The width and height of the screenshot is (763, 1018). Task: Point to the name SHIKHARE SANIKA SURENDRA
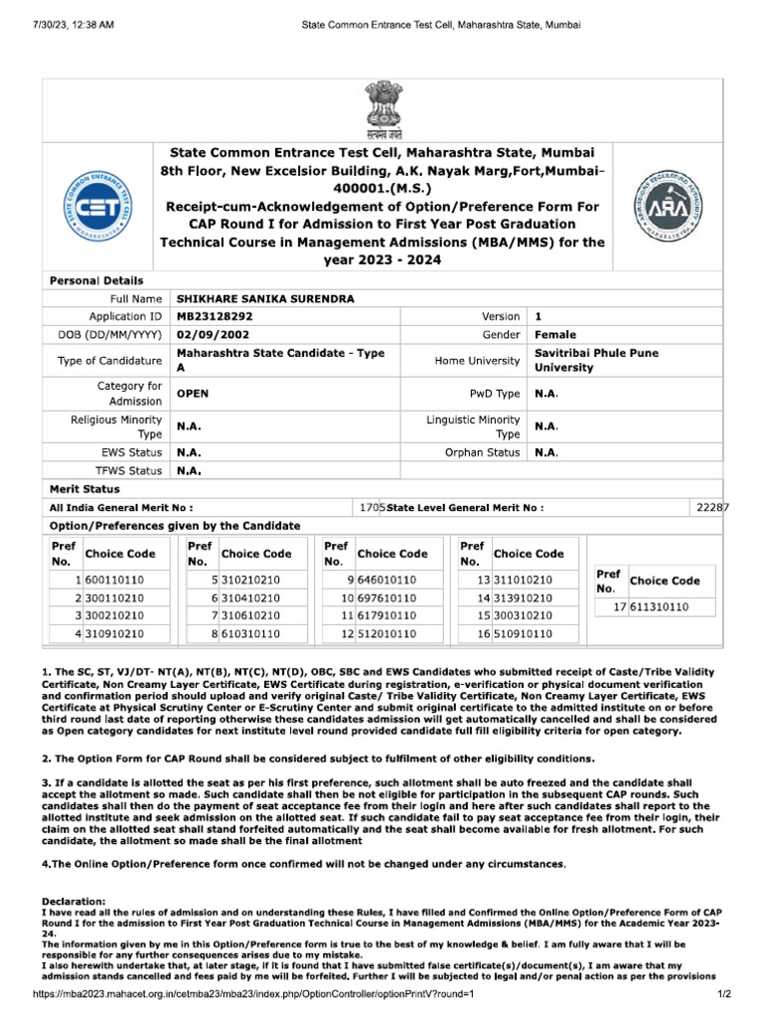coord(250,298)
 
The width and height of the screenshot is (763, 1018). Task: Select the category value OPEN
coord(193,394)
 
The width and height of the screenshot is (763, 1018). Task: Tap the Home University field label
coord(478,361)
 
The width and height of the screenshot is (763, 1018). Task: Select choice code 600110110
coord(114,580)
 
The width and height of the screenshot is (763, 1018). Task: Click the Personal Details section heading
coord(96,281)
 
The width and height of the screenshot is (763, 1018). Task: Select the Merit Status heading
coord(84,489)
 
